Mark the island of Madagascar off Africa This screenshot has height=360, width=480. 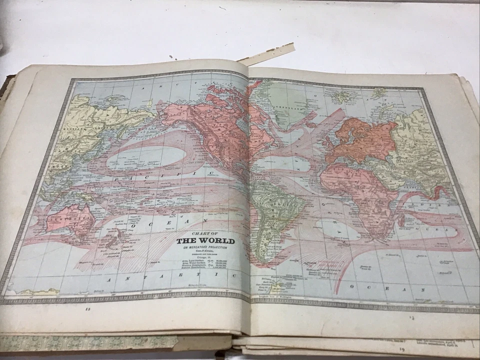tap(400, 220)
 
